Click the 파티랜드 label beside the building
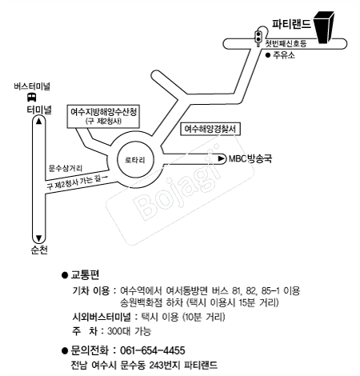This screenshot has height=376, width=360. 291,24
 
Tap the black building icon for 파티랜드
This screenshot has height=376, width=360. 324,27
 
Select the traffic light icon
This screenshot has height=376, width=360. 258,38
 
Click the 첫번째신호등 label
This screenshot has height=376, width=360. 286,43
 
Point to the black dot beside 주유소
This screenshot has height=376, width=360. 268,55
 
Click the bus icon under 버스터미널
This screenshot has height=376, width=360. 32,97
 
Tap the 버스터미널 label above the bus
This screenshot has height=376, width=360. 32,86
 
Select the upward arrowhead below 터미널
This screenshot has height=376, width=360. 39,122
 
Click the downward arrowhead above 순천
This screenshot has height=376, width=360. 39,238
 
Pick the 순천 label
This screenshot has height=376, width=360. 39,250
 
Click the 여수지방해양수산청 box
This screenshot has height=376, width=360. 103,116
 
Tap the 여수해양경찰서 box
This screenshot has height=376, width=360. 210,129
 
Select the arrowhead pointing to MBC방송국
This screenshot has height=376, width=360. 222,158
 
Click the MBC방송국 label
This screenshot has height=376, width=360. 250,158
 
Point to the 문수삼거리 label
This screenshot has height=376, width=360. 66,168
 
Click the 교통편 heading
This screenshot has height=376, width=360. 85,274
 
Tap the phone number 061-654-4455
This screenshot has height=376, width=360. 153,350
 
